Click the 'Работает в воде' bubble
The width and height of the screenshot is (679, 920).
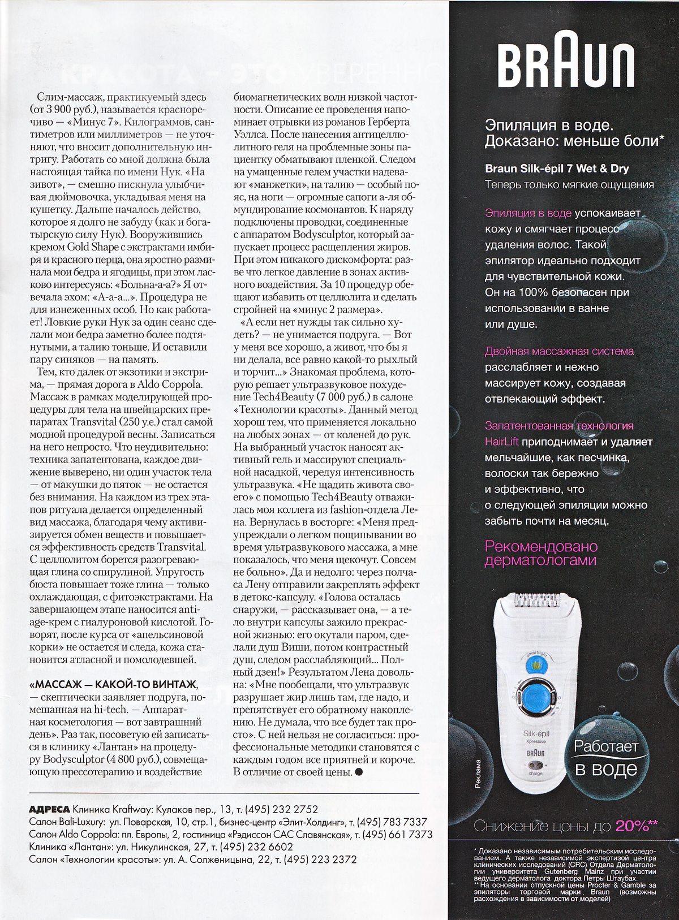pos(606,757)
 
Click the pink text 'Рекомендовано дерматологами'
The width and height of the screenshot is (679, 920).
pos(541,554)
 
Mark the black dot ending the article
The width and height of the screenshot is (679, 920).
pos(358,772)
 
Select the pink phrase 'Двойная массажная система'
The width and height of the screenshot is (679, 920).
pos(559,351)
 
